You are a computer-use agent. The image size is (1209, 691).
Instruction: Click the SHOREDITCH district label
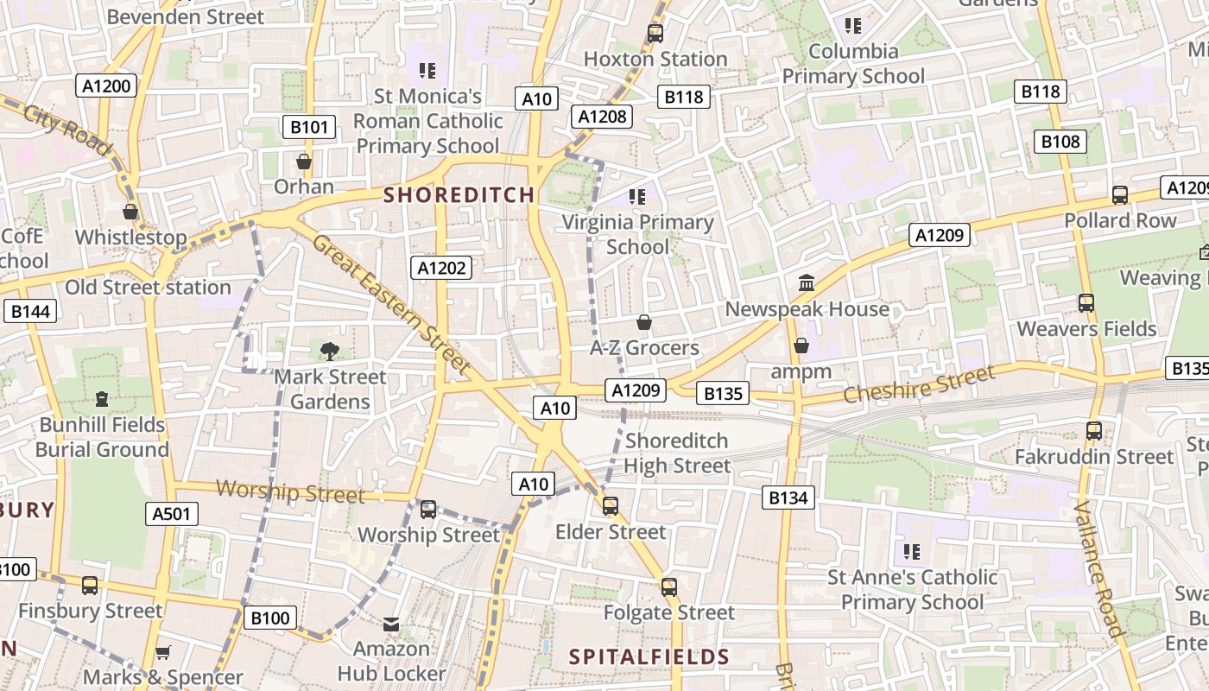pos(459,195)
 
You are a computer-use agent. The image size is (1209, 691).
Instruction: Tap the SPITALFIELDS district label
pos(649,657)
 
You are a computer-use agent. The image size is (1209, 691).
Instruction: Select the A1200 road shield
pos(108,86)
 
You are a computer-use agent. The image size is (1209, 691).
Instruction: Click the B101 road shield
pos(309,128)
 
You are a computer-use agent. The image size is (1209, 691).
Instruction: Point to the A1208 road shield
pos(602,117)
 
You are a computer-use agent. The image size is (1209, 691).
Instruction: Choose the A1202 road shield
pos(441,269)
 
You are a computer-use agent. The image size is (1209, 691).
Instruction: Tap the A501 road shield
pos(171,515)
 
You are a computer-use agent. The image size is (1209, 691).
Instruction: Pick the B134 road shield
pos(788,498)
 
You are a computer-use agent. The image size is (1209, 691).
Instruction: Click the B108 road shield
pos(1060,142)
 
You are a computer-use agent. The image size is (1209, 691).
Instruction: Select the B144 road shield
pos(30,312)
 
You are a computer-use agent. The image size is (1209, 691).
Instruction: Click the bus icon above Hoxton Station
pos(655,34)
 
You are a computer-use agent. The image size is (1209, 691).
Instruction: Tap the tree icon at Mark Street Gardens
pos(329,351)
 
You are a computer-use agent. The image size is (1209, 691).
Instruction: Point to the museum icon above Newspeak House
pos(807,282)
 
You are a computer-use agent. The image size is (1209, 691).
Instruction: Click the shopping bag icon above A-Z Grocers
pos(643,323)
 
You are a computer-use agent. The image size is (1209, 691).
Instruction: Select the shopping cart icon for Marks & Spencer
pos(162,652)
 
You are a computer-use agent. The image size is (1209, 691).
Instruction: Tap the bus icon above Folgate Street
pos(668,587)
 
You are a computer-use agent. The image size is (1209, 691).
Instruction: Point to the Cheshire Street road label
pos(919,385)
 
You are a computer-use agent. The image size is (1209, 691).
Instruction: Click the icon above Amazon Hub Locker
pos(391,624)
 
